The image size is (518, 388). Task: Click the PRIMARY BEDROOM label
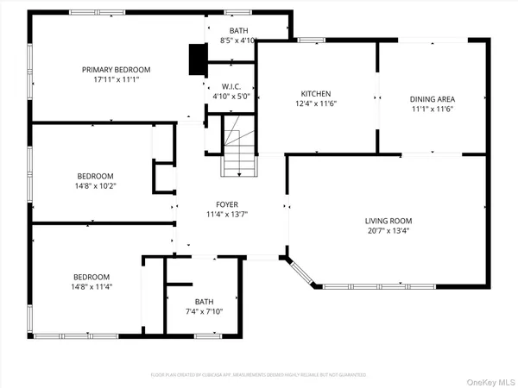[116, 69]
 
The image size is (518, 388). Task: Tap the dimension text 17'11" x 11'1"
[116, 79]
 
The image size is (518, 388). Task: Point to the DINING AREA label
[432, 98]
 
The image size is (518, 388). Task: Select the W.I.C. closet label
[231, 86]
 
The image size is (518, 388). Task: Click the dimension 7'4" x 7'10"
[205, 311]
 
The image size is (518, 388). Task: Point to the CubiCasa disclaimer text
[258, 375]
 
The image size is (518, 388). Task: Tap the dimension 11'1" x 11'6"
[432, 109]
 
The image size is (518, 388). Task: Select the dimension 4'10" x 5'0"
[231, 96]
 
